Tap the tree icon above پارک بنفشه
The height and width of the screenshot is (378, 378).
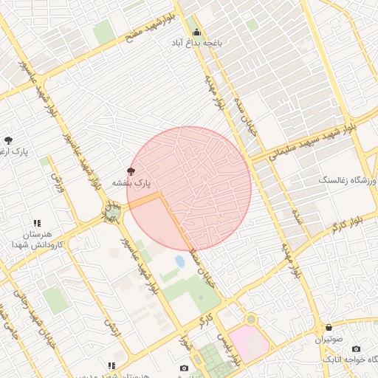[x=132, y=171]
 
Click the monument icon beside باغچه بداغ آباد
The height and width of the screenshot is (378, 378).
[x=196, y=32]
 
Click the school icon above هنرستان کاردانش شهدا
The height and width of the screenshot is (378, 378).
[x=37, y=223]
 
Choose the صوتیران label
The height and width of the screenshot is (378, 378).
[x=329, y=340]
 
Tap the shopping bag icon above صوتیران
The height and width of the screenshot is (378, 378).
[x=329, y=327]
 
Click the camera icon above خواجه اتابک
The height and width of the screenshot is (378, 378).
[x=357, y=348]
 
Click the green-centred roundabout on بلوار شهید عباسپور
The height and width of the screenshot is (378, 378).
[x=112, y=213]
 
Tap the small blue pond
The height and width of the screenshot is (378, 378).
[x=180, y=261]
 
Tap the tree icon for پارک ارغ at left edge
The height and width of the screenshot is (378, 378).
[x=8, y=140]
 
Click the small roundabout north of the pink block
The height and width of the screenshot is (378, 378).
[x=251, y=319]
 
